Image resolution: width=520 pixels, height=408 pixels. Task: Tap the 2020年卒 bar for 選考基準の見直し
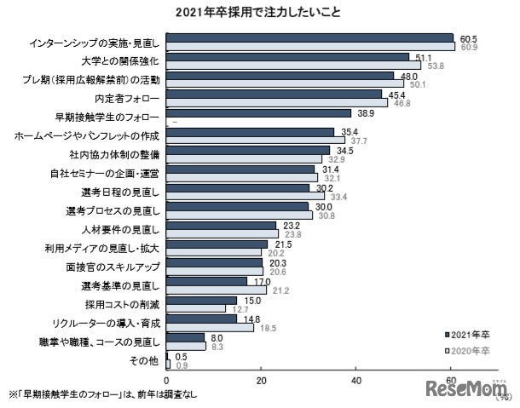click(217, 290)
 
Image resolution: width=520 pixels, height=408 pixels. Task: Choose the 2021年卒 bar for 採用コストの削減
click(201, 301)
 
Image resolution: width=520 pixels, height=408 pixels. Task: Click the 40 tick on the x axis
click(356, 379)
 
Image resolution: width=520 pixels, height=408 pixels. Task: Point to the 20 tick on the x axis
click(262, 379)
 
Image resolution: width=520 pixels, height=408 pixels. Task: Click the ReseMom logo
click(465, 389)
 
